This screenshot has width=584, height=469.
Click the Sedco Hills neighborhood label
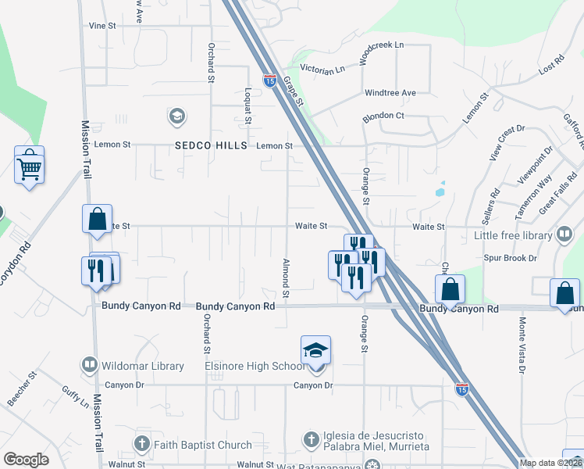[x=210, y=146]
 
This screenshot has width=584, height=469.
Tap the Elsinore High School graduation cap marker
[x=315, y=349]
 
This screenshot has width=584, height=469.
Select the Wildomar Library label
[x=143, y=366]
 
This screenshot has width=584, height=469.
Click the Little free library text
[x=511, y=234]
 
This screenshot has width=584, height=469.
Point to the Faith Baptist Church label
[x=191, y=445]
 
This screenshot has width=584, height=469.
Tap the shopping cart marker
[x=29, y=166]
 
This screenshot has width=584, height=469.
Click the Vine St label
[x=102, y=26]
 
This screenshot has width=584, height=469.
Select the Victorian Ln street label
[x=318, y=68]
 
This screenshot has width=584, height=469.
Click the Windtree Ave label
[x=390, y=93]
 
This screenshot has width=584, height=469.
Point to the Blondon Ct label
[x=383, y=116]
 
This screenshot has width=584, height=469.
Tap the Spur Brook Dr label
[x=511, y=257]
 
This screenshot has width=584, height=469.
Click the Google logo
[x=26, y=460]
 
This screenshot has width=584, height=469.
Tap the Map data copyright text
[x=550, y=463]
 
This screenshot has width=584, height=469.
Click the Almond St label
[x=287, y=278]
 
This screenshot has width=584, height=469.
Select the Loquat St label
[x=247, y=106]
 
